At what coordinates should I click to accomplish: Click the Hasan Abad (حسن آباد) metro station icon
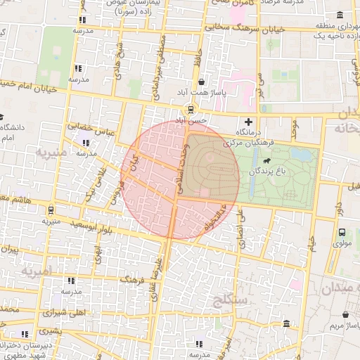point(190,109)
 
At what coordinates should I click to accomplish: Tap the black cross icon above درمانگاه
point(247,122)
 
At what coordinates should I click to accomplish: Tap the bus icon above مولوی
point(342,233)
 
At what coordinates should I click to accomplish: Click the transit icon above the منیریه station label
point(51,210)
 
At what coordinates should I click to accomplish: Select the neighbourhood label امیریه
point(35,270)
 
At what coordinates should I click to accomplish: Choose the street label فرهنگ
point(133,280)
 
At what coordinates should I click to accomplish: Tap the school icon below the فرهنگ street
point(70,281)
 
